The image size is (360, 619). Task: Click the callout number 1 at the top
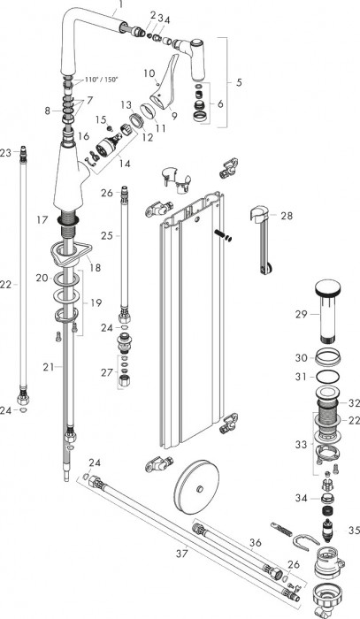[x=122, y=5]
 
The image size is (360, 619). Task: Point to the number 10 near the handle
[x=149, y=73]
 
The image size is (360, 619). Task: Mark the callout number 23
[x=7, y=153]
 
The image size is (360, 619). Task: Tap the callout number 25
[x=107, y=235]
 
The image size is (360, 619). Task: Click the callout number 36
[x=255, y=543]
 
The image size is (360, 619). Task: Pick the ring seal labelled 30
[x=326, y=358]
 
